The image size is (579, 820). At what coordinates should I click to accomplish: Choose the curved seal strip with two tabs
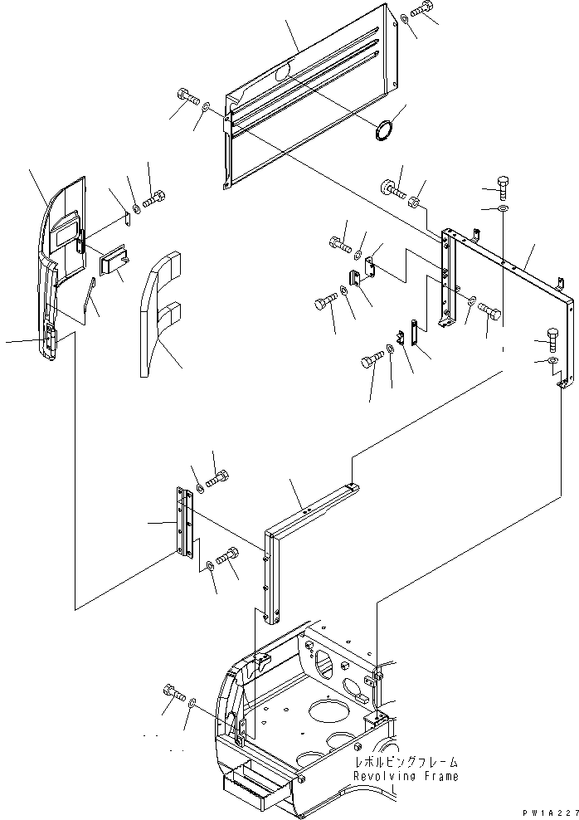158,315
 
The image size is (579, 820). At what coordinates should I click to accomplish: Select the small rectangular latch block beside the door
114,263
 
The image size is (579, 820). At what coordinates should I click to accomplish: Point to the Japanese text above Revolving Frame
405,762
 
